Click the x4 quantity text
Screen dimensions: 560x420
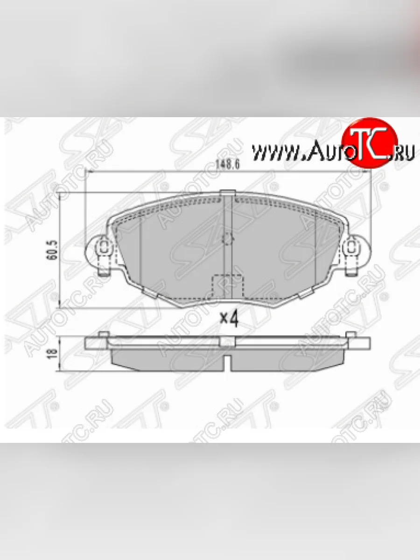pos(229,319)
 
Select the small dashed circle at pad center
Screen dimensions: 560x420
pos(228,239)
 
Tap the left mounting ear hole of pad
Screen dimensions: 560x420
pos(103,246)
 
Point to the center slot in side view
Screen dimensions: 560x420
pos(228,362)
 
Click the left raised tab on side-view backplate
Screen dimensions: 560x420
pos(104,334)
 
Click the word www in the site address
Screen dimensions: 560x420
pos(271,152)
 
